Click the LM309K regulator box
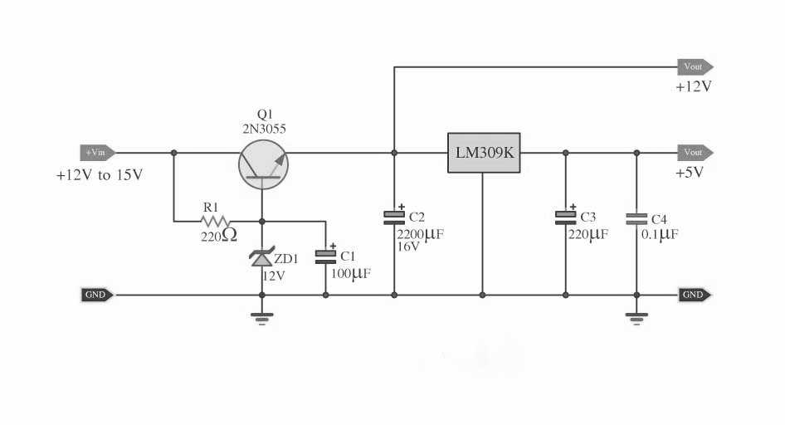click(484, 153)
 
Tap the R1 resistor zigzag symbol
click(215, 222)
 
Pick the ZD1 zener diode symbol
click(262, 258)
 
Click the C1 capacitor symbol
click(325, 256)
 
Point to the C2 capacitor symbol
click(394, 217)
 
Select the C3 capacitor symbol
click(565, 217)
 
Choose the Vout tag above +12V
click(695, 66)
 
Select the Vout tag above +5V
click(695, 153)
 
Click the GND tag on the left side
click(97, 295)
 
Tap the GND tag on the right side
click(695, 295)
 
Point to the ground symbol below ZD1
click(262, 317)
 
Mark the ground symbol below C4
click(636, 317)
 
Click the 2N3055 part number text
click(264, 128)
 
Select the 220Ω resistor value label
click(218, 237)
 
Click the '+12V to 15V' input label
click(99, 176)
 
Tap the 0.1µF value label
click(660, 235)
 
